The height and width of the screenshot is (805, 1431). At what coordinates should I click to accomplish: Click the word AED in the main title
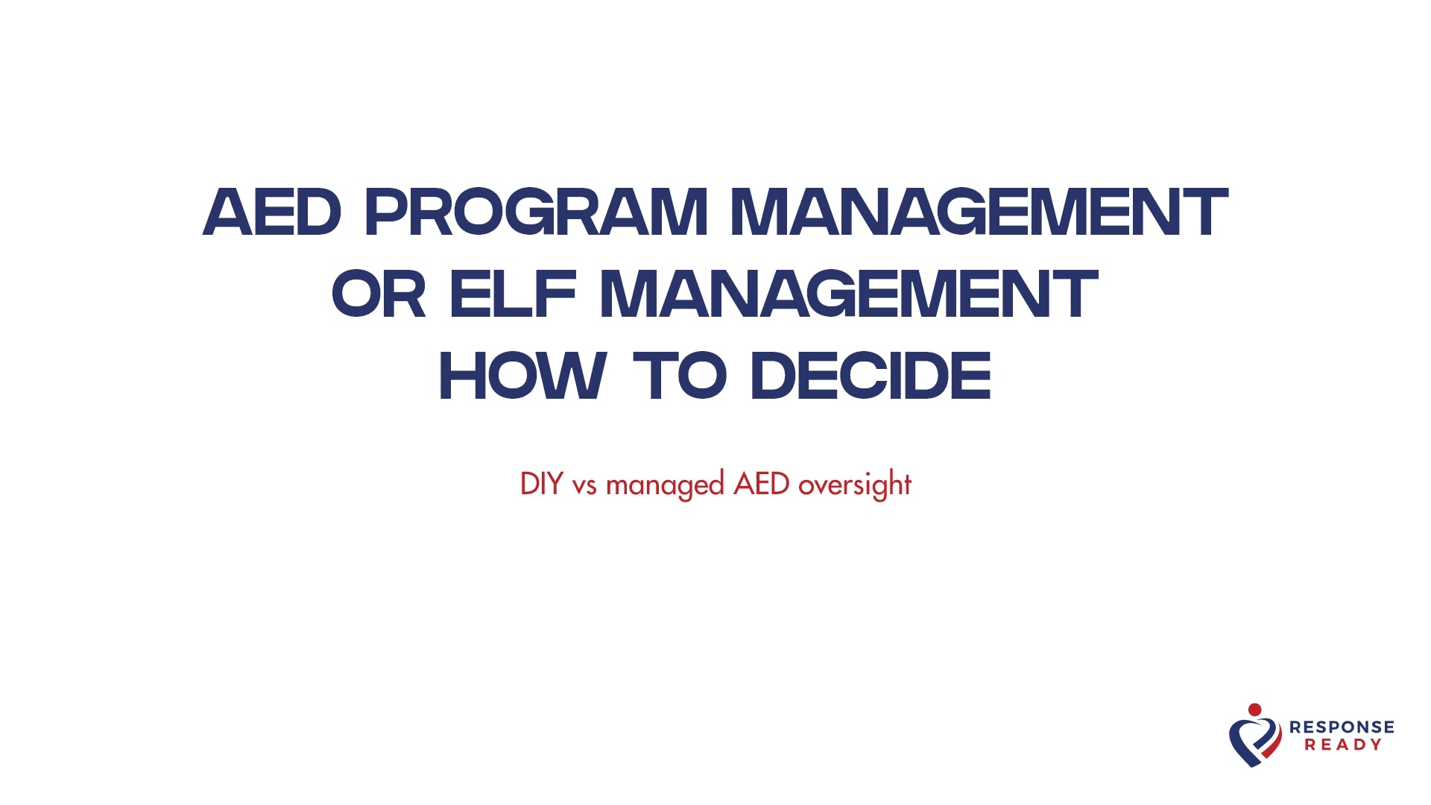click(272, 212)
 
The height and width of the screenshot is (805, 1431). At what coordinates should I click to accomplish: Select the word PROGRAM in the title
click(536, 212)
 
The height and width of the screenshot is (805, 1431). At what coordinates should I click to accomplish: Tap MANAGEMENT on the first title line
click(979, 212)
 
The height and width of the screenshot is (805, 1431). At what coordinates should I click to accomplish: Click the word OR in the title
click(379, 294)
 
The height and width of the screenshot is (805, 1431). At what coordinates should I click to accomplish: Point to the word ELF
click(514, 294)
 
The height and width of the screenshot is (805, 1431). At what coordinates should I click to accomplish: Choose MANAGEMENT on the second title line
click(849, 294)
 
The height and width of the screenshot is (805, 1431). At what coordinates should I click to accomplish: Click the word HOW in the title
click(522, 376)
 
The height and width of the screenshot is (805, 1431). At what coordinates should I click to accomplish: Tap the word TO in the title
click(679, 376)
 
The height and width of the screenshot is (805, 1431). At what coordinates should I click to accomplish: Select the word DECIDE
click(871, 376)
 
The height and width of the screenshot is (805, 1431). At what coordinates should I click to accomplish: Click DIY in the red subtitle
click(541, 484)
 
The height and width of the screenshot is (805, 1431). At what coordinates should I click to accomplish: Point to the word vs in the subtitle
click(584, 486)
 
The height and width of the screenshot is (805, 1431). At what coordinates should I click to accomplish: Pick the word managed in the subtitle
click(665, 486)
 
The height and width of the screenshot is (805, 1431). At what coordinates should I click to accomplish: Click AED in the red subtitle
click(761, 484)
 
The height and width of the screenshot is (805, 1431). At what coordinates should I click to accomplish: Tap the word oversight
click(855, 486)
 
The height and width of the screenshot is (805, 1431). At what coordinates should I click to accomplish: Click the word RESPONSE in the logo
click(1342, 727)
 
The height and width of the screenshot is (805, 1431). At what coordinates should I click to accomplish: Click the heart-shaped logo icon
click(1255, 740)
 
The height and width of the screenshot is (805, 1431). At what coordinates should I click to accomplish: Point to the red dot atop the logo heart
click(1255, 709)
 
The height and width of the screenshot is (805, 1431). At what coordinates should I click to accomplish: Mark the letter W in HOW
click(576, 376)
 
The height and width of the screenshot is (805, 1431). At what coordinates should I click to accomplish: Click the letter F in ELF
click(557, 294)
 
